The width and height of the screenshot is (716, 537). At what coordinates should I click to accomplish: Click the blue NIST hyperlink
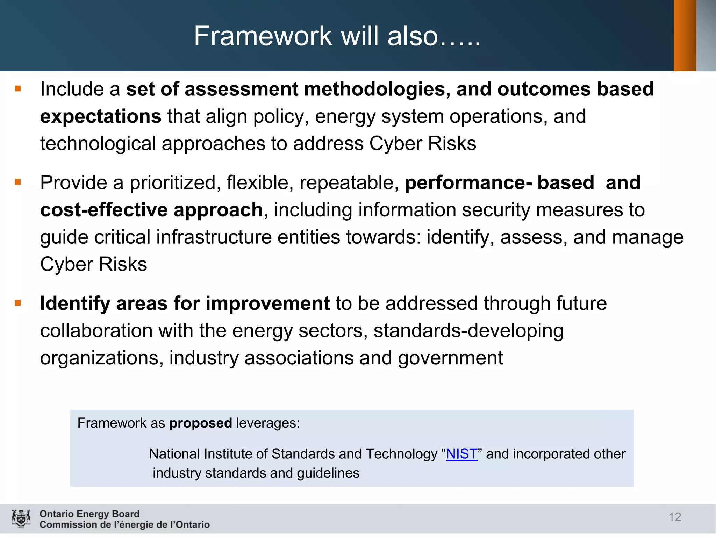(461, 454)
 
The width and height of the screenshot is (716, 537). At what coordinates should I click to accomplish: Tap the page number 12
(675, 517)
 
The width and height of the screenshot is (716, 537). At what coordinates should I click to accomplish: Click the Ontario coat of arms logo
(21, 518)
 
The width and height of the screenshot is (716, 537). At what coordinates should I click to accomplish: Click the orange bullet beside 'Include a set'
(18, 89)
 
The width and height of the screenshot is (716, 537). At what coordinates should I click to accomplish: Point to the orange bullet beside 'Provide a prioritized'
(18, 182)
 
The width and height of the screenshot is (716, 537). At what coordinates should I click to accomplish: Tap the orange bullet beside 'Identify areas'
(18, 303)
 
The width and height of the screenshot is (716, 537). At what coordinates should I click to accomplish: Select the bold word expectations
(101, 116)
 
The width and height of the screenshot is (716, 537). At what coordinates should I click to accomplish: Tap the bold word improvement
(267, 303)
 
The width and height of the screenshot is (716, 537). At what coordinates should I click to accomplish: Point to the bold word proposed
(200, 423)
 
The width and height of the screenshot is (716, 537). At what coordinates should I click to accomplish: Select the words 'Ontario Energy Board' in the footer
(89, 514)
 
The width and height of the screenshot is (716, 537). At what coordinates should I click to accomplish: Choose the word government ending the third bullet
(450, 358)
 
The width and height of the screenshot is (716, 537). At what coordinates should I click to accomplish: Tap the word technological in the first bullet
(98, 143)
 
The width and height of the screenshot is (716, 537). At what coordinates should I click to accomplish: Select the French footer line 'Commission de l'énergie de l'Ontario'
(124, 524)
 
